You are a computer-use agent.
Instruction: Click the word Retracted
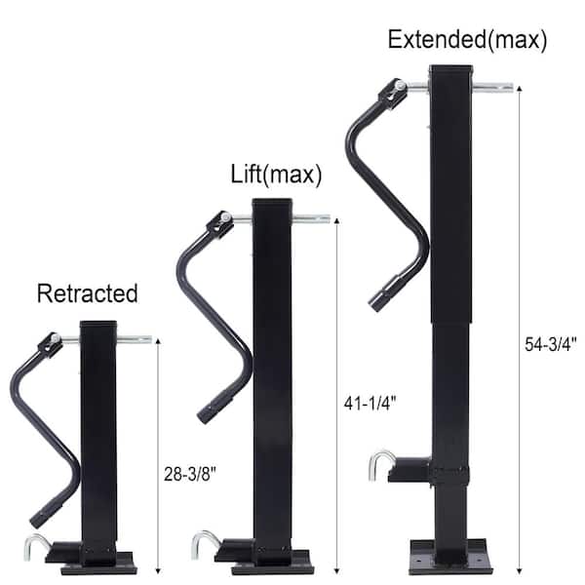88,293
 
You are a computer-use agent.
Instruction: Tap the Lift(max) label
276,175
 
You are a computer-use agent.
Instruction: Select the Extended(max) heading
467,40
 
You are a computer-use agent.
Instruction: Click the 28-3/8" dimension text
190,475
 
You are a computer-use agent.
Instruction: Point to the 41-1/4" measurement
370,404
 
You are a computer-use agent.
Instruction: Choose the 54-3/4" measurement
551,344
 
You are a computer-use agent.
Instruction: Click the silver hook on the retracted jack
35,547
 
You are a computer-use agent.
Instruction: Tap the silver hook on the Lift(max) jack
205,545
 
